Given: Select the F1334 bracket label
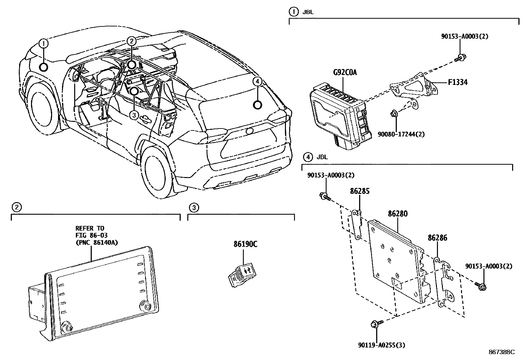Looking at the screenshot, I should tap(457, 82).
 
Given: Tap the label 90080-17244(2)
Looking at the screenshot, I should tap(401, 134).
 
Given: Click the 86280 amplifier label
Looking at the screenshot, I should tap(397, 214).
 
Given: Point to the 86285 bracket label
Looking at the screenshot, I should tap(359, 191).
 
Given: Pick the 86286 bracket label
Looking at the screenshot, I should tap(437, 238).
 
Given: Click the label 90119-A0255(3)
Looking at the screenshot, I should tap(382, 345).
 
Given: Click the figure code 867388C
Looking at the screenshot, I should tap(502, 352).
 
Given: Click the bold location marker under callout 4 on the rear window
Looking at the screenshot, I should tap(257, 105).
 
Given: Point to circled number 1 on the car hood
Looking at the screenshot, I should tap(44, 43).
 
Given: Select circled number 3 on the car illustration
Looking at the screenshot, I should tap(134, 115).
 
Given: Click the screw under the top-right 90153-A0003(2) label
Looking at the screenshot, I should tap(460, 58).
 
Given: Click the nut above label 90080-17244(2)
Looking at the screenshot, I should tap(394, 114).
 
